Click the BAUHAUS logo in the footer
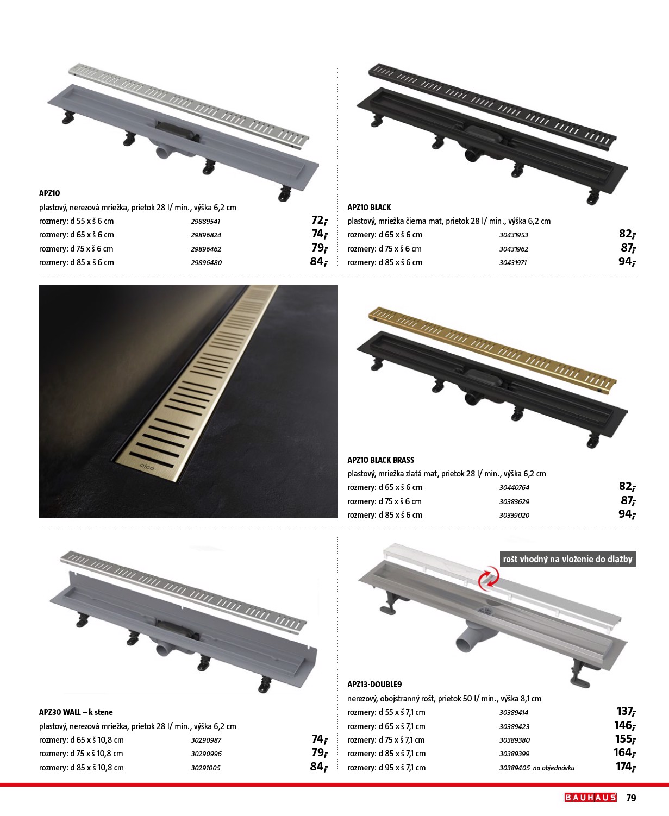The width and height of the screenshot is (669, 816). [590, 798]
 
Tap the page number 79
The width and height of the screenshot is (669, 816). [631, 798]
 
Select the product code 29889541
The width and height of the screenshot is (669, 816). [205, 221]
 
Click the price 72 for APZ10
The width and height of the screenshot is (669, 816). [320, 220]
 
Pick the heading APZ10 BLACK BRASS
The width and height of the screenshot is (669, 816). [380, 460]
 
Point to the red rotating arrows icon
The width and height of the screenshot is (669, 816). [489, 577]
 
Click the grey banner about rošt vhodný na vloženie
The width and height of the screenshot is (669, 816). [567, 559]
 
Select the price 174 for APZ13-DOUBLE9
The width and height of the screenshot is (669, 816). [626, 767]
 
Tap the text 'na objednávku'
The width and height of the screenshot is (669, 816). [554, 768]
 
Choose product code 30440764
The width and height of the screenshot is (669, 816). [514, 487]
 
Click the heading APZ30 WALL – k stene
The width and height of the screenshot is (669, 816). [76, 712]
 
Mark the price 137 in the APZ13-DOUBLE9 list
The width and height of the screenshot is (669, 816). [626, 711]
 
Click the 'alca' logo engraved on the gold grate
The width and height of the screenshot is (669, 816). [147, 467]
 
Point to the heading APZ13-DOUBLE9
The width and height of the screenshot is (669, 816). [374, 685]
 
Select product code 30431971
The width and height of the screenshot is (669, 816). [513, 262]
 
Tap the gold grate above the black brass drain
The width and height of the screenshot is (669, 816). [492, 350]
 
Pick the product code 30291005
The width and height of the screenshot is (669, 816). [205, 768]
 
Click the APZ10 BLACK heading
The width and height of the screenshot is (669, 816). [369, 208]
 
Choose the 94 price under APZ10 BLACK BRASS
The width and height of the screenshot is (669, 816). [627, 514]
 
